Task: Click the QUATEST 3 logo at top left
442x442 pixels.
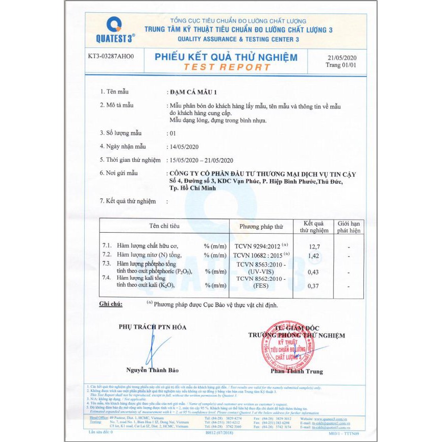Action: point(114,30)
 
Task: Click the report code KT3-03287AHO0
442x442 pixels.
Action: point(110,57)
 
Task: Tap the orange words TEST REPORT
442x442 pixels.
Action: point(227,67)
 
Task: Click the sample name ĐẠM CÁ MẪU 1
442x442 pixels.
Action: point(193,92)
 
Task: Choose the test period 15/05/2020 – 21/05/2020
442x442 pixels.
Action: point(201,160)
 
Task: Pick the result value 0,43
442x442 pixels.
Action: point(313,273)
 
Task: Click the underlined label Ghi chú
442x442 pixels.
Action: point(111,304)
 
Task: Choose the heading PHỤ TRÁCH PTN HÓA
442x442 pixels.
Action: point(153,327)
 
